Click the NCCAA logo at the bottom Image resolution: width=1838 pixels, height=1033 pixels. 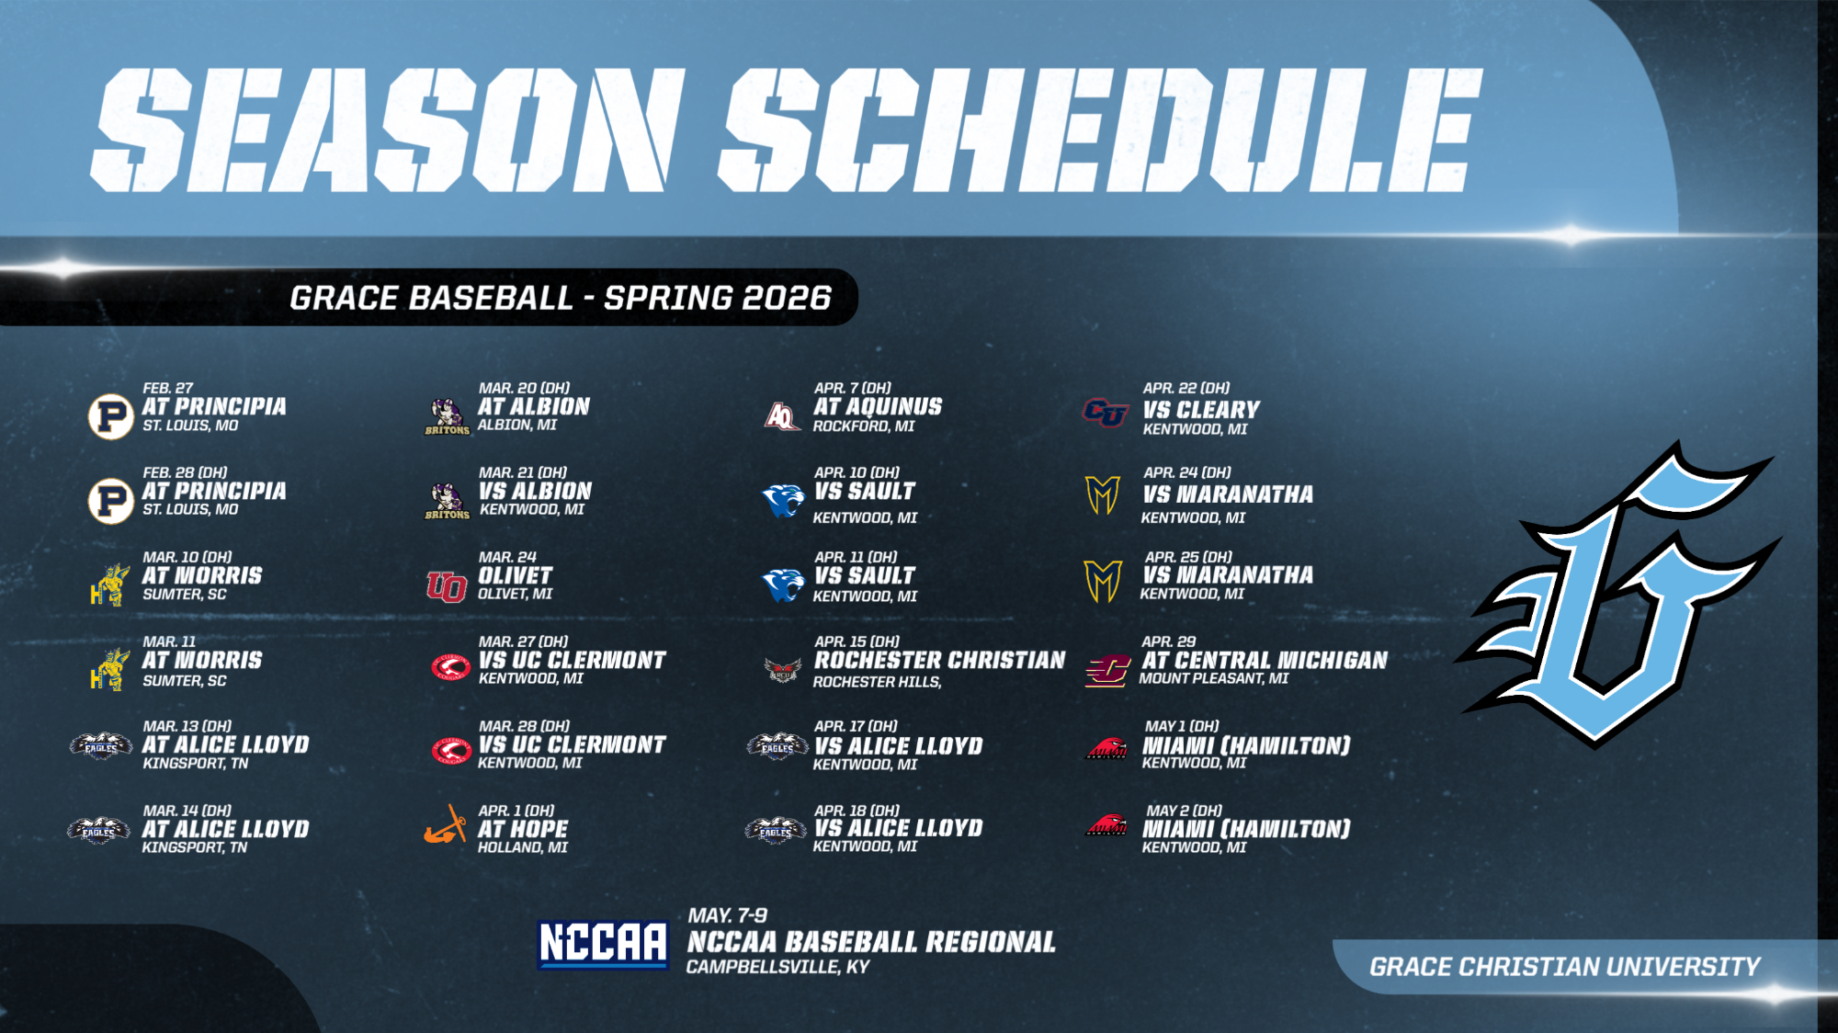click(x=603, y=944)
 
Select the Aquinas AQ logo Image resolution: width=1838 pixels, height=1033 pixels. click(x=782, y=416)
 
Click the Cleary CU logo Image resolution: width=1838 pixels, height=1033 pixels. click(x=1105, y=413)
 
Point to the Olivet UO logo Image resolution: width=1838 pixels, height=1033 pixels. click(x=447, y=585)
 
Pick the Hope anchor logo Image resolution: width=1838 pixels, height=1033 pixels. click(x=447, y=825)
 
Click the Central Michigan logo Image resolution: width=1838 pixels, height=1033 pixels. click(x=1107, y=670)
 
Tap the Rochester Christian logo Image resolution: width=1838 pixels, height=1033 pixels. click(x=782, y=669)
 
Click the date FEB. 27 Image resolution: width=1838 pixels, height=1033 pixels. click(x=168, y=388)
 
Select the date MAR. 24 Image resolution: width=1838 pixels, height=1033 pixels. click(x=507, y=557)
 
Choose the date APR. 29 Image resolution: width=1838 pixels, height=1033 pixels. click(x=1169, y=641)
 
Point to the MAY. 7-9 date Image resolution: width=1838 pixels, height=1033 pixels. click(x=728, y=915)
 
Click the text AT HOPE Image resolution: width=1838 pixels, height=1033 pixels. click(x=523, y=829)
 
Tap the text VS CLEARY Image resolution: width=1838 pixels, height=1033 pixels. click(x=1201, y=410)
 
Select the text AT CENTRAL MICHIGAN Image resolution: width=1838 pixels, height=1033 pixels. click(x=1265, y=660)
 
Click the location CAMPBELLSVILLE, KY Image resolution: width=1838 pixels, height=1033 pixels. click(x=777, y=967)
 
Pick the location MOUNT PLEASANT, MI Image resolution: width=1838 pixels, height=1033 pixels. click(x=1214, y=678)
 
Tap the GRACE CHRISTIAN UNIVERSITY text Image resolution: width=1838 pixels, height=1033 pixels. click(x=1564, y=967)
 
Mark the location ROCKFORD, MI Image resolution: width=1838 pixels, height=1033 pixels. click(x=864, y=426)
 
